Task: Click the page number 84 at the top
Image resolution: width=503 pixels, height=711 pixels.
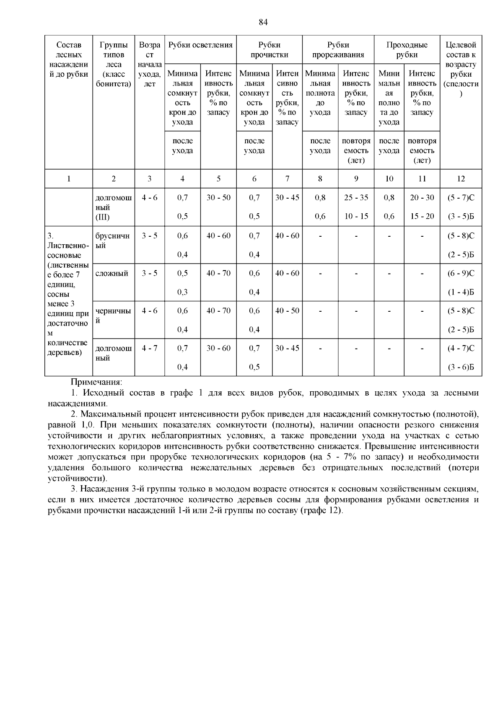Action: [263, 22]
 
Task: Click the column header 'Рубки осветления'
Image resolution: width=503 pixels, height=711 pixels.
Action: [200, 45]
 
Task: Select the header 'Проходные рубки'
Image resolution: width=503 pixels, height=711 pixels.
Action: [407, 49]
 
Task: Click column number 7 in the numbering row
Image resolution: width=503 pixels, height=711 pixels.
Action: [287, 179]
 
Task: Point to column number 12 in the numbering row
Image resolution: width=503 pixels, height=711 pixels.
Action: [461, 179]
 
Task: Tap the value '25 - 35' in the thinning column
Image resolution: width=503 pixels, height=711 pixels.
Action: [356, 198]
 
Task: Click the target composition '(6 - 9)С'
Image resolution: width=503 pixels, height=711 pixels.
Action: [461, 274]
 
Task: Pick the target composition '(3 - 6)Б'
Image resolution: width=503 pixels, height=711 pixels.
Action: [461, 367]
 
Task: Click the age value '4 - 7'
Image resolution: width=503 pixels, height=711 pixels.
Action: [150, 348]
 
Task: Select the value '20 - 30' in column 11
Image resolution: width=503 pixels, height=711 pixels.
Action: [422, 198]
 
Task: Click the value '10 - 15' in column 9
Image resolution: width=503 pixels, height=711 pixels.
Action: [356, 217]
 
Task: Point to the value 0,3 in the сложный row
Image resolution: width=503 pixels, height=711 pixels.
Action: [182, 292]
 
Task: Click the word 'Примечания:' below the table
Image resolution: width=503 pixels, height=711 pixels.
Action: [96, 382]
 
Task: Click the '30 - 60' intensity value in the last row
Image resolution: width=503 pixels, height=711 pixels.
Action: [218, 348]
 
